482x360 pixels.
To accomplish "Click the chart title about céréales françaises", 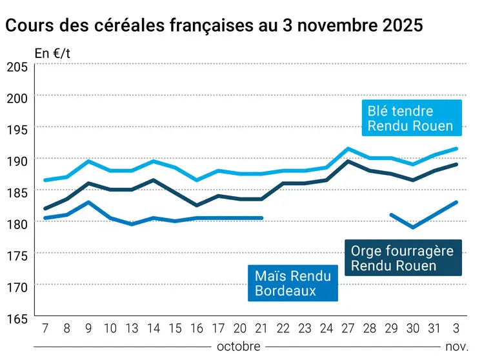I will [214, 26].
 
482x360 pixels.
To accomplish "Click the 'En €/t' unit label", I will [52, 54].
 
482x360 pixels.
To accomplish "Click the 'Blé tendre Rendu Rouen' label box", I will [410, 119].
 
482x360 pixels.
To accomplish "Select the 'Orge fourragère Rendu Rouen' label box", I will [403, 258].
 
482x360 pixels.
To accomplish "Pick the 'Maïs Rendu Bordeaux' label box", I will [293, 283].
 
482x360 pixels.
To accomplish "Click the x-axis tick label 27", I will [348, 328].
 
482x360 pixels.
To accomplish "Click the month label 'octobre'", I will [239, 346].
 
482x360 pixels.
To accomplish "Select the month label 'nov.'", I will [456, 346].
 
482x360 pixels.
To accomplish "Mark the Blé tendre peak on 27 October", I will [348, 148].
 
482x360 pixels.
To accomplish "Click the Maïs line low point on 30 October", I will [413, 227].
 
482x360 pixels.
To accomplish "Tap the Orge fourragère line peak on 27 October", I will [348, 161].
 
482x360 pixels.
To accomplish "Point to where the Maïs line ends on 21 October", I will [261, 218].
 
